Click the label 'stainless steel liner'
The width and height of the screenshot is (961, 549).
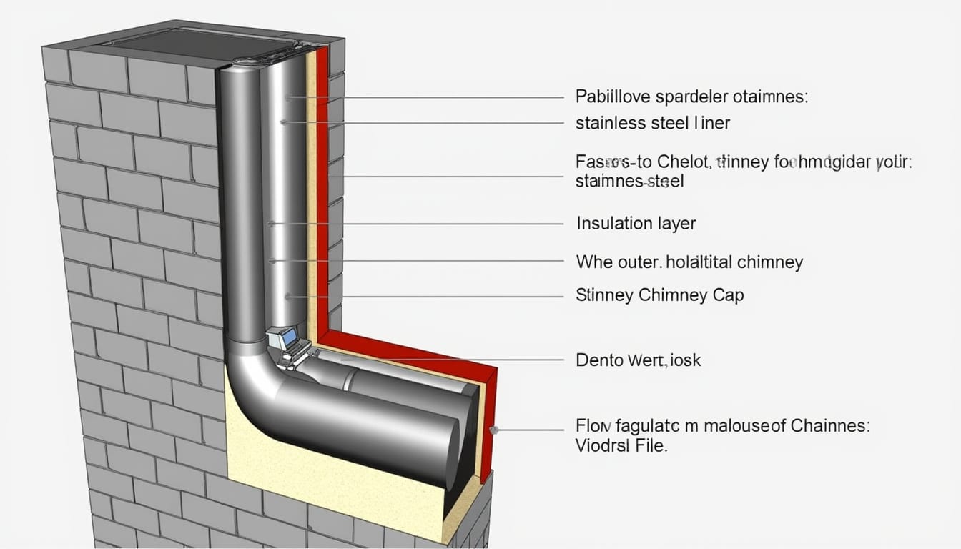[652, 123]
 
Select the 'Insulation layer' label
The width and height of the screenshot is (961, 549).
[636, 224]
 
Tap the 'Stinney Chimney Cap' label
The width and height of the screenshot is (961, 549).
[659, 295]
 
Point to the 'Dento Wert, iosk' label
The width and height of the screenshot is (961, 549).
[638, 360]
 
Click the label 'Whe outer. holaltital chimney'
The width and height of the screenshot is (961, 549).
[689, 262]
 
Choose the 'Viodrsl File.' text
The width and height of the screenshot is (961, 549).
[621, 446]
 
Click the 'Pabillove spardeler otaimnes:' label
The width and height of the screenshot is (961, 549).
[691, 97]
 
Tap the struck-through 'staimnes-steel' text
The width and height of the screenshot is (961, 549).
[629, 182]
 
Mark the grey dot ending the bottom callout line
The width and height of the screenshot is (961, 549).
[493, 430]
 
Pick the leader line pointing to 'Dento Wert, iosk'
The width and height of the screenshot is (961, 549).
[458, 360]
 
